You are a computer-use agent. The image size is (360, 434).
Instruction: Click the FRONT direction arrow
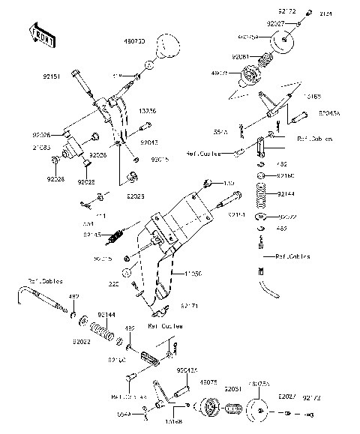click(x=43, y=34)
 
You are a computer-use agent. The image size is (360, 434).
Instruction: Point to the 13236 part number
click(x=148, y=111)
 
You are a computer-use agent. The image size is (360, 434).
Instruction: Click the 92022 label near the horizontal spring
click(x=82, y=341)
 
